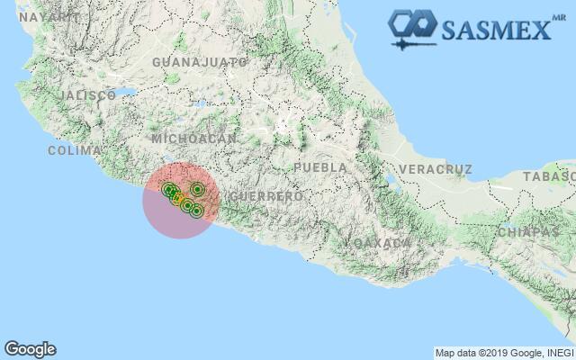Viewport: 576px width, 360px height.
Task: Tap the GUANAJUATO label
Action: tap(200, 62)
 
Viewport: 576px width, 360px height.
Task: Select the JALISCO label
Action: tap(86, 94)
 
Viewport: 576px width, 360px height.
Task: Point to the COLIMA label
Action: tap(75, 150)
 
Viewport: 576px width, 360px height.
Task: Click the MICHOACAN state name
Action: tap(194, 139)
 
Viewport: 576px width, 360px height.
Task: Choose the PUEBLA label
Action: tap(320, 167)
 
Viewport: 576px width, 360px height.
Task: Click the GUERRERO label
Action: tap(266, 195)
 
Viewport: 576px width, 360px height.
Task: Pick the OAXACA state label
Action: tap(382, 243)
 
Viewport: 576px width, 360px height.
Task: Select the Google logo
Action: tap(30, 348)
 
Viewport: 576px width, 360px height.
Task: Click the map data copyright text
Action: tap(503, 352)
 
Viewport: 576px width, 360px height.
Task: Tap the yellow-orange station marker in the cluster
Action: tap(179, 199)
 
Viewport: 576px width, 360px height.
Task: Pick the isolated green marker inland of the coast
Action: tap(197, 189)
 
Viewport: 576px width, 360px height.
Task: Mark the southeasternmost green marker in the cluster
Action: tap(196, 211)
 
